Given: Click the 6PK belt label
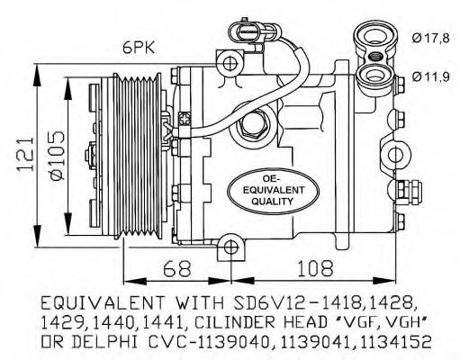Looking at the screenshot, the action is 139,48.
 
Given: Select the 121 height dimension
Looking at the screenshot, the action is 25,155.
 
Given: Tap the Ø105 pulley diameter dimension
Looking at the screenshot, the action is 58,156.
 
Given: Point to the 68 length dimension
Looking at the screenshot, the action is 177,268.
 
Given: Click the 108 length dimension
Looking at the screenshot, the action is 315,268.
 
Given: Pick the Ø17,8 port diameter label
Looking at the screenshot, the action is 430,38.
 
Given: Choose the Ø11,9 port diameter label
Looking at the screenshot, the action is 430,76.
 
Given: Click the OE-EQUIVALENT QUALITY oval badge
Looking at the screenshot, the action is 273,191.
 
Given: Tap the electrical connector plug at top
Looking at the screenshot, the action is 248,31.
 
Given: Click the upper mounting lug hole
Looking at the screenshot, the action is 230,63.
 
